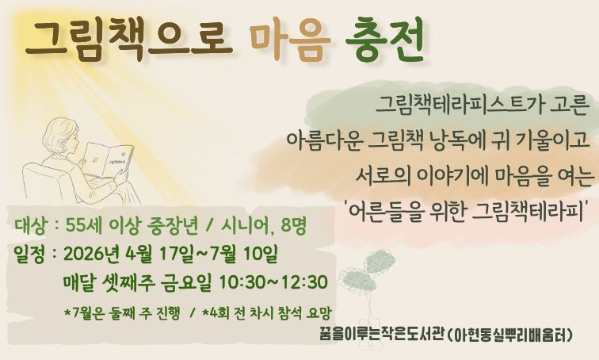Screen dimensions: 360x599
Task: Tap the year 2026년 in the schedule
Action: pos(90,255)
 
